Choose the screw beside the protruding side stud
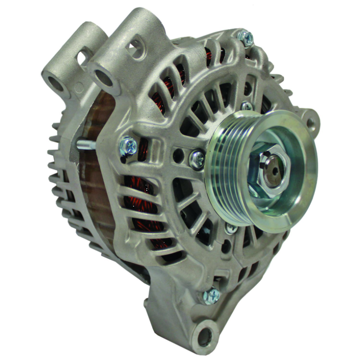(129, 144)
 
